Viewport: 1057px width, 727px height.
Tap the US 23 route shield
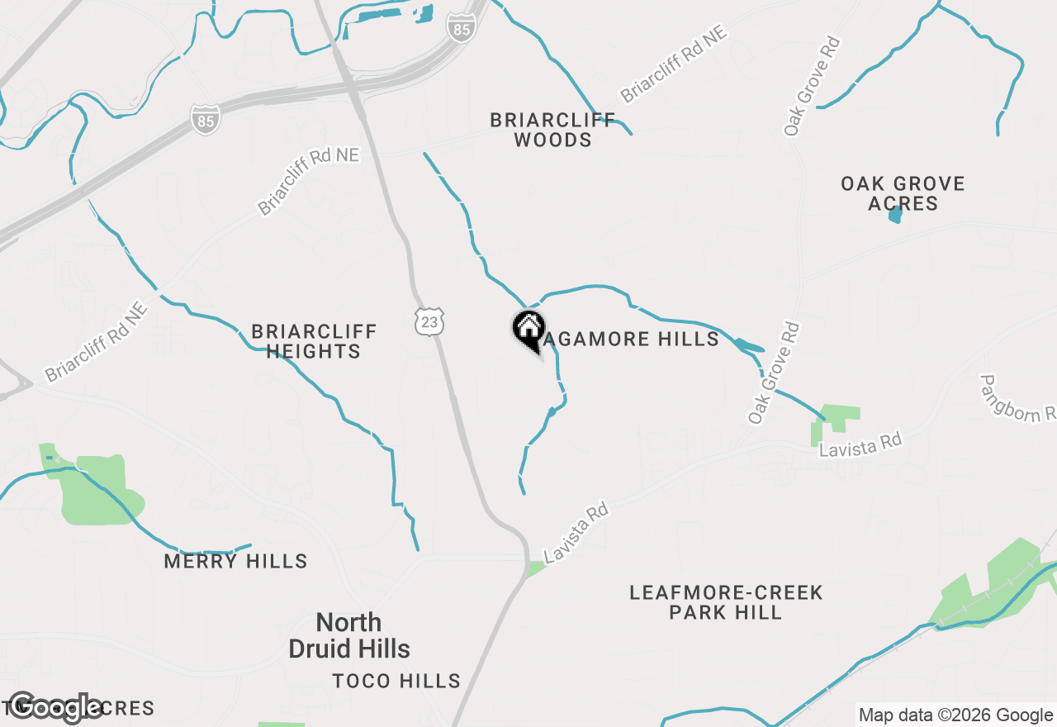tap(429, 321)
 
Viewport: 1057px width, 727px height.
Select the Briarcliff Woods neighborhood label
tap(552, 130)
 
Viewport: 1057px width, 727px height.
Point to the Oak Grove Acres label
tap(903, 193)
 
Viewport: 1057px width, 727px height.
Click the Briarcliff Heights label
tap(314, 341)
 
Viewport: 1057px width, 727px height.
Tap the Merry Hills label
tap(235, 562)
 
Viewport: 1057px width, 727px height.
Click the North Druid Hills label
tap(349, 635)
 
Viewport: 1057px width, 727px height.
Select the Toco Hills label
tap(396, 681)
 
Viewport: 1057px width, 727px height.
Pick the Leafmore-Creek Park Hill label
tap(726, 602)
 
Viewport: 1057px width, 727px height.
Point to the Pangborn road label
tap(1017, 398)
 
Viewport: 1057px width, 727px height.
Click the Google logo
tap(56, 707)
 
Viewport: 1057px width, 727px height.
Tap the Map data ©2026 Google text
tap(955, 715)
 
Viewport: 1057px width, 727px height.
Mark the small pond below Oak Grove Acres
tap(895, 215)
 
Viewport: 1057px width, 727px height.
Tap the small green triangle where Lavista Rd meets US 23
tap(536, 568)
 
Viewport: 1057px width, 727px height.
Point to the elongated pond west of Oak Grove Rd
tap(748, 345)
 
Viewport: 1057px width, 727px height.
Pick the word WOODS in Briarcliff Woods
tap(552, 140)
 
